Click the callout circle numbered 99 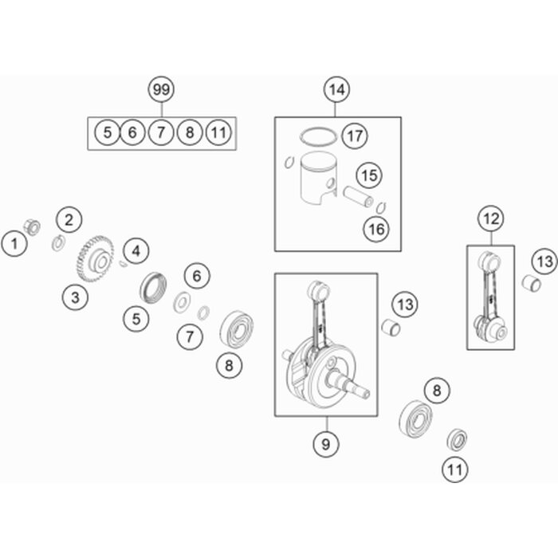tap(161, 89)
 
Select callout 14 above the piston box tap(336, 89)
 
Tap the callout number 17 tap(355, 136)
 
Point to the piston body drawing tap(318, 178)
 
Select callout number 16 tap(376, 230)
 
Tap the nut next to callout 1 tap(32, 227)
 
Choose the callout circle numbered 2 tap(69, 219)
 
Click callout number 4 tap(136, 251)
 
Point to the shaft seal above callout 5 tap(153, 287)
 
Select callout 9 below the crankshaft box tap(325, 444)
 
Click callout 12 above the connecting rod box tap(492, 218)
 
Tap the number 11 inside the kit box tap(218, 132)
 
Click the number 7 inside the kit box tap(161, 132)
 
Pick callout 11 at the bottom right tap(455, 470)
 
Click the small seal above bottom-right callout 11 tap(457, 440)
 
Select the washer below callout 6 tap(182, 302)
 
